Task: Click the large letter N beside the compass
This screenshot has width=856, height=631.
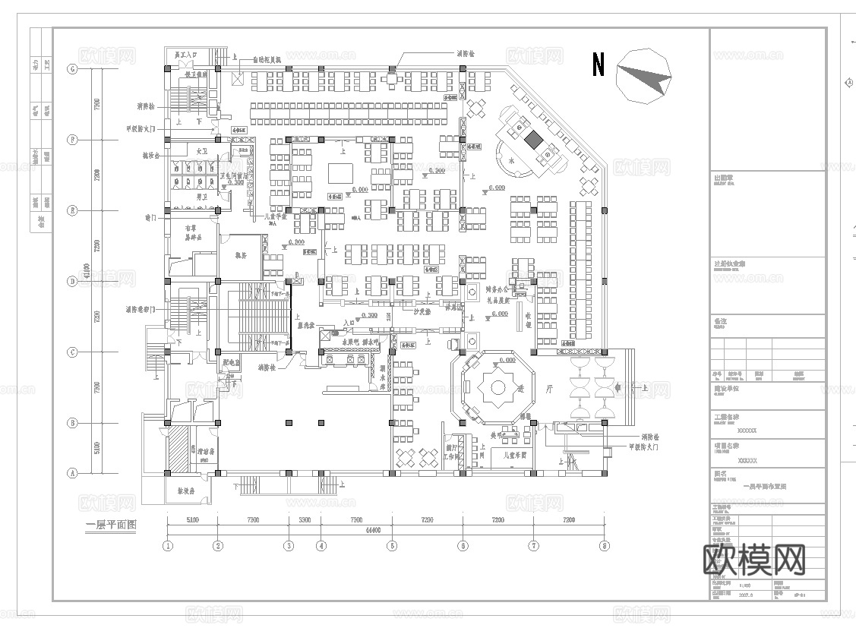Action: point(599,65)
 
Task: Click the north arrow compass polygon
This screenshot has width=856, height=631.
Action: point(643,75)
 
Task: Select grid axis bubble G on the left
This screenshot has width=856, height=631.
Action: point(74,69)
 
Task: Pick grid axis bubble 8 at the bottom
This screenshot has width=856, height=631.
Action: point(605,545)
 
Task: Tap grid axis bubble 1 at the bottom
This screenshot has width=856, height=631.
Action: point(168,545)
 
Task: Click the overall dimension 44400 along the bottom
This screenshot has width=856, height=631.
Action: point(381,530)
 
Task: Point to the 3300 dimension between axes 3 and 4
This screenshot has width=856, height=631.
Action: point(304,521)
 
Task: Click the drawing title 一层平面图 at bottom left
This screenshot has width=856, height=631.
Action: point(111,525)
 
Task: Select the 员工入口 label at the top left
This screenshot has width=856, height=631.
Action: point(185,55)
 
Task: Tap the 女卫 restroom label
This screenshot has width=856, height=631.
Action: point(202,152)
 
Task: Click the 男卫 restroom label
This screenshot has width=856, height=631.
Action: point(202,197)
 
